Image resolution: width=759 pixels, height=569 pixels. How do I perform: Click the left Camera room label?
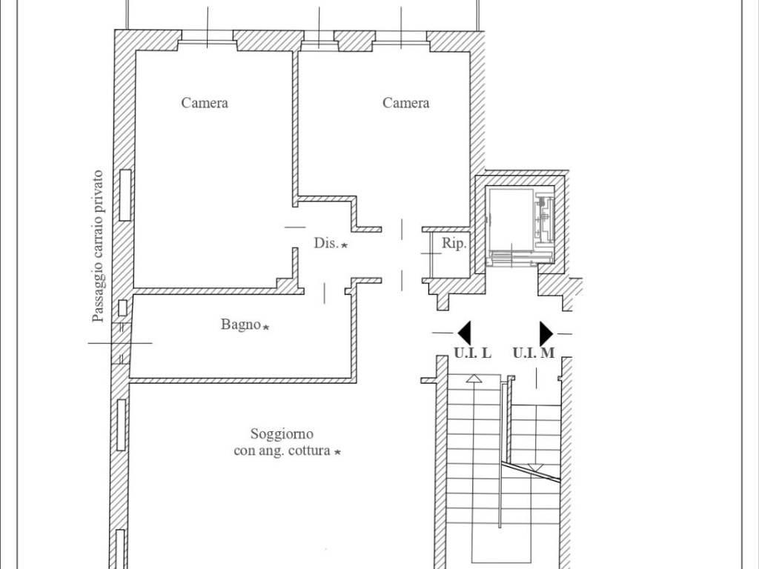tap(205, 102)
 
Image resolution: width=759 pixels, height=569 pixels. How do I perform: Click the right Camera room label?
tap(405, 102)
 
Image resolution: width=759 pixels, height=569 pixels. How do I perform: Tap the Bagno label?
tap(241, 325)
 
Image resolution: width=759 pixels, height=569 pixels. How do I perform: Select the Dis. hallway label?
tap(326, 243)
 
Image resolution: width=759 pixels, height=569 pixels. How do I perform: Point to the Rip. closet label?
tap(454, 243)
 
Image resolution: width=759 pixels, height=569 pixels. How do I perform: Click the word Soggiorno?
tap(282, 433)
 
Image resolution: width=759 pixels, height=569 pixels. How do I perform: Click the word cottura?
tap(309, 451)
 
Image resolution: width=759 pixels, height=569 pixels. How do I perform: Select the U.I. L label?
tap(472, 353)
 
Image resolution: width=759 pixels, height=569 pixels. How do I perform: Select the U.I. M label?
tap(534, 353)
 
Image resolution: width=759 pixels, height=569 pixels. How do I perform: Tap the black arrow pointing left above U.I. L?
tap(464, 333)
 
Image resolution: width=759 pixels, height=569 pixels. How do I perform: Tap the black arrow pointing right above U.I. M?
tap(546, 333)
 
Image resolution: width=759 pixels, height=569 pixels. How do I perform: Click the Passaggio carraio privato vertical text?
tap(99, 246)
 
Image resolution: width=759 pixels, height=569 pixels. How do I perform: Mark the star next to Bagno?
tap(266, 327)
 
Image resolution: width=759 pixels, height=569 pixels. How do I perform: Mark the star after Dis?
tap(344, 245)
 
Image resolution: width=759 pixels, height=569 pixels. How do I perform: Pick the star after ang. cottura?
tap(338, 452)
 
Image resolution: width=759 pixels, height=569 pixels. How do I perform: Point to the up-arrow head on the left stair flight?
tap(474, 379)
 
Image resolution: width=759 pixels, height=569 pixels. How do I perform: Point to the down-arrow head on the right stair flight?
tap(535, 467)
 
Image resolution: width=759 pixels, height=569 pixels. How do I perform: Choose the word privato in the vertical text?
tap(99, 187)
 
